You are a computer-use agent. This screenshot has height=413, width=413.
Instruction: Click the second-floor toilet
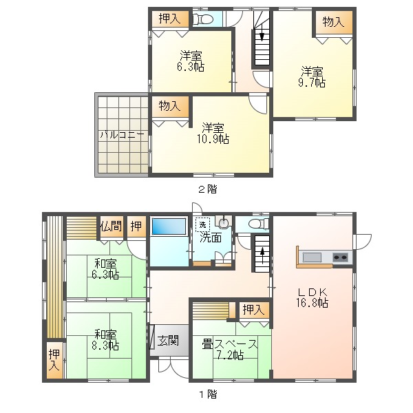[203, 19]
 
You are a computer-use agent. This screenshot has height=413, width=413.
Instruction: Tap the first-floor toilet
[259, 224]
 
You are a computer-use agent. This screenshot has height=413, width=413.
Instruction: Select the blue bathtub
[169, 226]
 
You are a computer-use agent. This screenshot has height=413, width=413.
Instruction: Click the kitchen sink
[312, 257]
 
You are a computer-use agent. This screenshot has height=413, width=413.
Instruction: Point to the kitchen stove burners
[340, 257]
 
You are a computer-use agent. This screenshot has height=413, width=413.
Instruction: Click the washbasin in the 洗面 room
[224, 222]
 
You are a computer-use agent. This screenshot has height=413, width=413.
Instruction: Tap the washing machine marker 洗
[202, 224]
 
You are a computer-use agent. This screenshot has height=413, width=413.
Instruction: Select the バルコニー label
[122, 135]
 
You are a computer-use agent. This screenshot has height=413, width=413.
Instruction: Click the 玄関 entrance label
[168, 341]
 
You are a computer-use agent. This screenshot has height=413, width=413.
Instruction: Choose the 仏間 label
[111, 226]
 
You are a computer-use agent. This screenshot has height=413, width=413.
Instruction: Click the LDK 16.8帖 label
[313, 297]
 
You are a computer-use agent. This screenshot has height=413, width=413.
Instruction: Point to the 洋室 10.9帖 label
[213, 134]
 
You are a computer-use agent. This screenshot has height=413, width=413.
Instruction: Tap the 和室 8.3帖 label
[105, 340]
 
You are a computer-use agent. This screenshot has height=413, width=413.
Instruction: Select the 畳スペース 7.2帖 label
[230, 350]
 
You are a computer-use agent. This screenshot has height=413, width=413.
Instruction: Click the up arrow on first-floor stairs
[262, 255]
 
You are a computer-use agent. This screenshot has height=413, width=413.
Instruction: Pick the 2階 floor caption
[208, 189]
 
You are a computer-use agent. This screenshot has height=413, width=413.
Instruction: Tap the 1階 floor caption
[208, 394]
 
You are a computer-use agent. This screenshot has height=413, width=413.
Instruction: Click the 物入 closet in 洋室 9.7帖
[334, 22]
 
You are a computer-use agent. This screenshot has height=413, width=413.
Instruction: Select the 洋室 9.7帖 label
[312, 77]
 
